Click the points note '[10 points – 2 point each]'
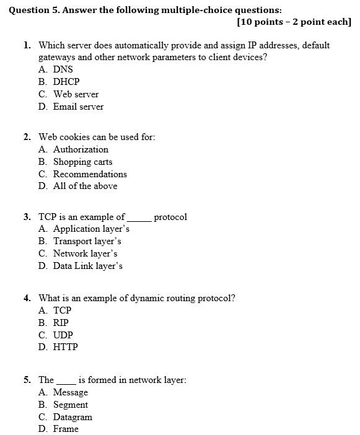[294, 22]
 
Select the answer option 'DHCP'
[66, 82]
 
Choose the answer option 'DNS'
[63, 69]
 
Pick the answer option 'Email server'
[78, 107]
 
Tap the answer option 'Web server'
[76, 94]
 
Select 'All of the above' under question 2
[85, 186]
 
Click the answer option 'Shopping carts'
[82, 162]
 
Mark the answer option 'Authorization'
[81, 149]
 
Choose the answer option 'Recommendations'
[90, 174]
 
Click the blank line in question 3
[139, 219]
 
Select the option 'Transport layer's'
[87, 241]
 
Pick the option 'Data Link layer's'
[88, 266]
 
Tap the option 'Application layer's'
[91, 229]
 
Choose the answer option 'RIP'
[61, 323]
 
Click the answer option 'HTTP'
[66, 348]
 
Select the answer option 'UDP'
[63, 335]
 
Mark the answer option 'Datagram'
[72, 417]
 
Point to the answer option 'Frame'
[66, 429]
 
